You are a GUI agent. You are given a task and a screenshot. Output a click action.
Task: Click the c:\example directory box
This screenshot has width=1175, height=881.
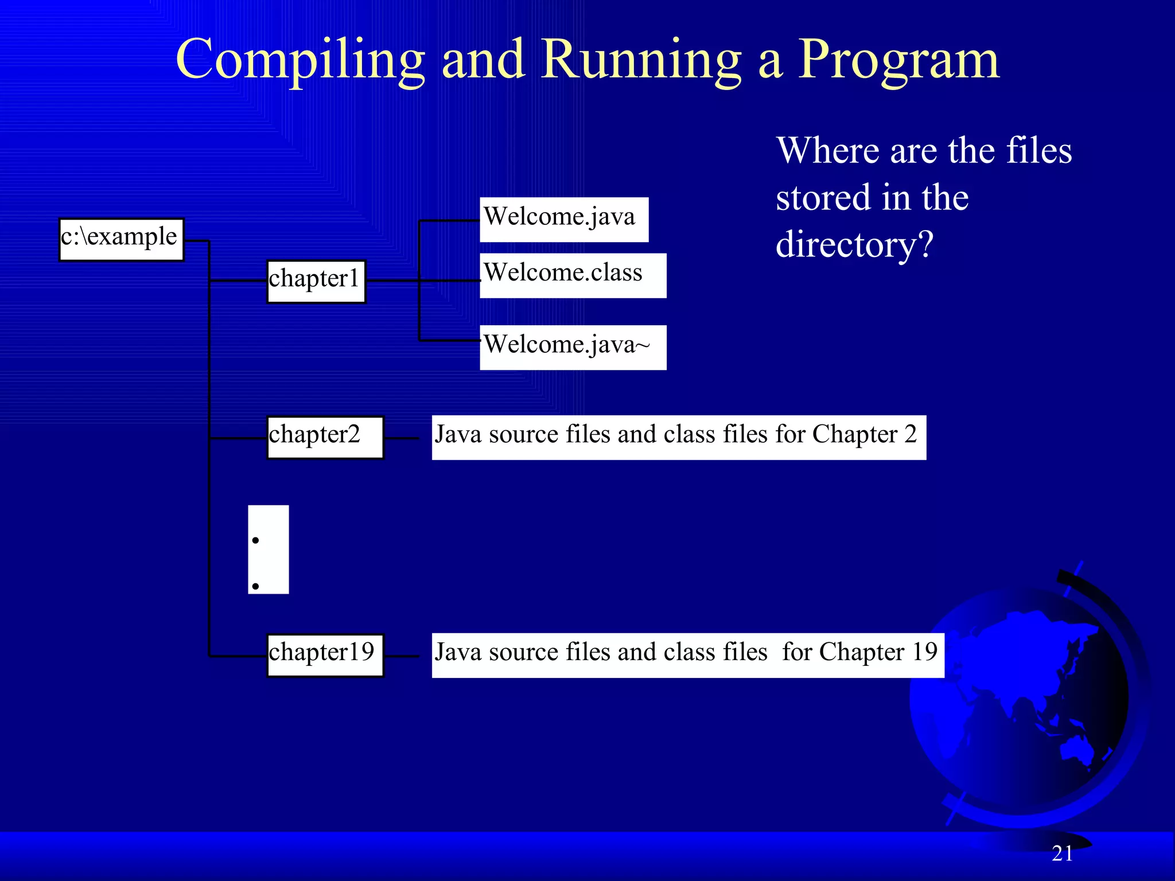point(121,240)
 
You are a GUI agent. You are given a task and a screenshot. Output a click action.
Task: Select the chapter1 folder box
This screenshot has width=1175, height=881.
point(316,281)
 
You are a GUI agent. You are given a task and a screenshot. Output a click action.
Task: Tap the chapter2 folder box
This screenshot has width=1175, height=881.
point(325,437)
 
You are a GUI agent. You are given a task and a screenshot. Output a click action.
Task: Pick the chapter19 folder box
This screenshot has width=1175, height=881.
point(325,655)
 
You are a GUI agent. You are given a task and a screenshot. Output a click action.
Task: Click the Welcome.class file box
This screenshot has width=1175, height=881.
point(573,275)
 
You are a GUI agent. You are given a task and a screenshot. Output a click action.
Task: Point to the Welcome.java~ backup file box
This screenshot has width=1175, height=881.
point(573,347)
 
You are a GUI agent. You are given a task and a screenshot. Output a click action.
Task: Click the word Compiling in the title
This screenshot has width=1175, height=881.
point(300,60)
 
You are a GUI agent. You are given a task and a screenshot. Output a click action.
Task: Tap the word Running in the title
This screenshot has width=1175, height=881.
point(641,60)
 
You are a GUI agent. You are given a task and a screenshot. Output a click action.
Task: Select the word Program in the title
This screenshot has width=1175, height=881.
point(898,60)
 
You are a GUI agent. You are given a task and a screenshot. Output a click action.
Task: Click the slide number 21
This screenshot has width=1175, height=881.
point(1062,853)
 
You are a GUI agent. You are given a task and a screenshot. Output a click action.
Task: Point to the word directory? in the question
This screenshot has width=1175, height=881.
point(854,245)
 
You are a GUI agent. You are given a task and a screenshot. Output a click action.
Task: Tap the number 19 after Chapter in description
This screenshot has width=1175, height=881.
point(924,652)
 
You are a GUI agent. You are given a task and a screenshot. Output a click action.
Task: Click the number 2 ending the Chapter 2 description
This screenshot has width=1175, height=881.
point(911,434)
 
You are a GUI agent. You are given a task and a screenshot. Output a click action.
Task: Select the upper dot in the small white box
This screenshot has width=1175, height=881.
point(255,540)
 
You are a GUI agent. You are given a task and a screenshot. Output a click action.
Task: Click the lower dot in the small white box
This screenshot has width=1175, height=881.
point(255,586)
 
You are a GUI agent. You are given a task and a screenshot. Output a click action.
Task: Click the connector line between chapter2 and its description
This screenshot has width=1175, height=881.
point(402,438)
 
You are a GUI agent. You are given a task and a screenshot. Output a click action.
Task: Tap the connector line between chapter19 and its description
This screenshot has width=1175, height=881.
point(402,656)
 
